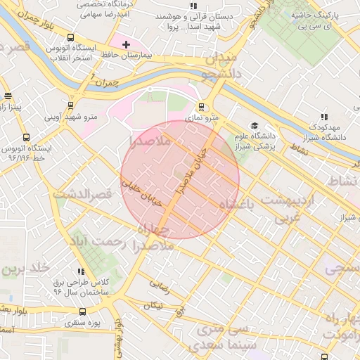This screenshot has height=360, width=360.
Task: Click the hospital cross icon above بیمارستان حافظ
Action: click(127, 44)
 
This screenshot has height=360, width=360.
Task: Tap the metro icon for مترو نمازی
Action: click(202, 108)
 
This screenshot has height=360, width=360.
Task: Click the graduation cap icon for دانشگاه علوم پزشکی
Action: click(254, 126)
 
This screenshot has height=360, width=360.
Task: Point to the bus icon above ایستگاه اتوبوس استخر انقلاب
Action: click(70, 37)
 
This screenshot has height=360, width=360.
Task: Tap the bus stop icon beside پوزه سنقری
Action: click(83, 311)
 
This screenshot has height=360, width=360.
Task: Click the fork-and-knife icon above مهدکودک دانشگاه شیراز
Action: click(323, 117)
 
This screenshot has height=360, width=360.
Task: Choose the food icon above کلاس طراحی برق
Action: click(82, 271)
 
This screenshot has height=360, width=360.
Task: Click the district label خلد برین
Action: click(25, 269)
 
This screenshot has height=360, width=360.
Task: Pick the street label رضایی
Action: click(160, 286)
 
